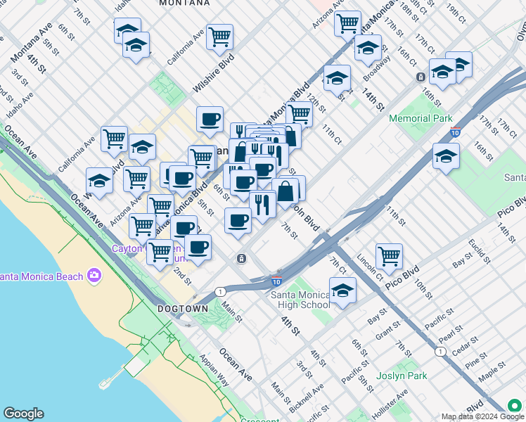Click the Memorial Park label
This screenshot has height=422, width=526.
421,119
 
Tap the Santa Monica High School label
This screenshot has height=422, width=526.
301,300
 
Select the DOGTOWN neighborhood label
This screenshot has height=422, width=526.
183,309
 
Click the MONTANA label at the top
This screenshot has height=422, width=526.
184,4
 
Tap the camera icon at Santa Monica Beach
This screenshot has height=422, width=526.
94,276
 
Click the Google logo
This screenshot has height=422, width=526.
23,414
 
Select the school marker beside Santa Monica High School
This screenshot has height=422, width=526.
342,290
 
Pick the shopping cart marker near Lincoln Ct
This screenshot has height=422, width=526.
389,257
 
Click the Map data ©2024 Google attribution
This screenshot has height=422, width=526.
473,416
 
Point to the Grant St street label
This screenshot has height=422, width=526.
387,331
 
